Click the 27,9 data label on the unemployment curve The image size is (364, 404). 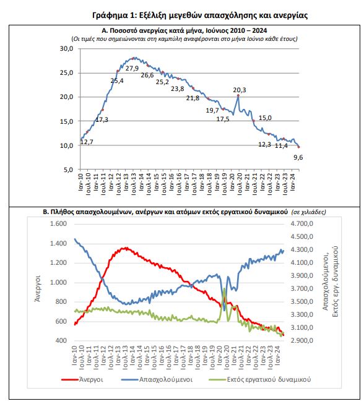point(132,68)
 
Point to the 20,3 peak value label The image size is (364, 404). point(240,90)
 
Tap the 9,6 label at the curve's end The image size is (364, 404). point(298,157)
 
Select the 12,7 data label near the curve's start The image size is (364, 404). point(87,142)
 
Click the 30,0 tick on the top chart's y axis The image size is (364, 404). point(66,48)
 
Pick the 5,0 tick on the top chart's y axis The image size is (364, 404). point(68,170)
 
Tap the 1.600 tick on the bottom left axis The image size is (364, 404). point(58,223)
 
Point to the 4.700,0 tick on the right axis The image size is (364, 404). point(302,223)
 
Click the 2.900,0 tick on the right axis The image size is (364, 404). point(302,340)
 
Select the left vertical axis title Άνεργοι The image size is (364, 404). point(38,288)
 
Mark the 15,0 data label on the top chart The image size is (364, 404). point(265,118)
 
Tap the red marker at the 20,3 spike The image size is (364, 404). point(238,95)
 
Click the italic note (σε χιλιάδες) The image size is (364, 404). point(308,212)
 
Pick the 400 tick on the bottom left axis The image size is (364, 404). point(61,340)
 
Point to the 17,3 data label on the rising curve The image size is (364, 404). point(102,120)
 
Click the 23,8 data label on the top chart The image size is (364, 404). point(178,89)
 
